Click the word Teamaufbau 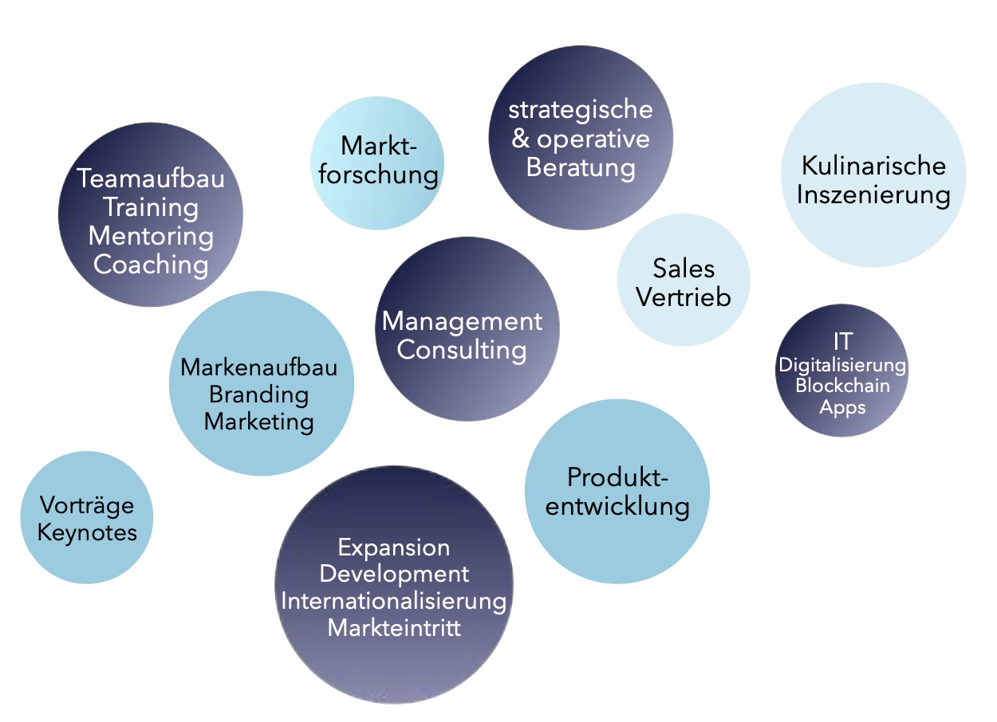point(151,178)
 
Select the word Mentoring point(151,236)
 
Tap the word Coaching point(151,265)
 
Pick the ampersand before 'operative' point(520,139)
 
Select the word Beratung point(581,168)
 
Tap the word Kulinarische point(873,166)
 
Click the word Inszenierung point(873,195)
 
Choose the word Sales point(684,268)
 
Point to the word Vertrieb point(684,297)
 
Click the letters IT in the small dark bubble point(842,342)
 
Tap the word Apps point(842,407)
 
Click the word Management point(462,321)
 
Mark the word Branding point(258,394)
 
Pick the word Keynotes point(87,532)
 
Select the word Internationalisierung point(394,600)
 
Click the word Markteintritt point(394,627)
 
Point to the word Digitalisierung point(842,365)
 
